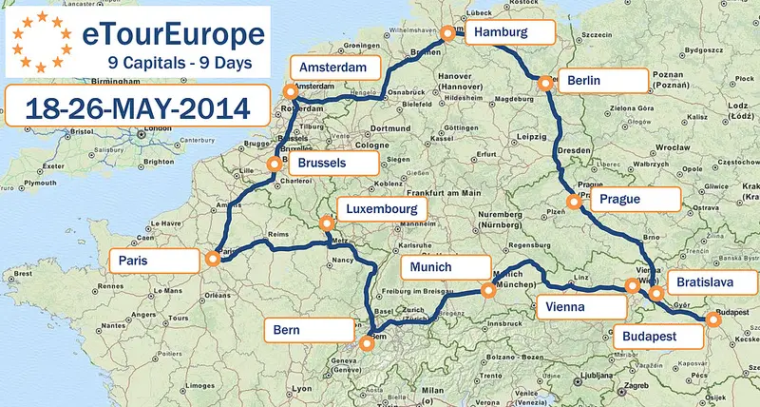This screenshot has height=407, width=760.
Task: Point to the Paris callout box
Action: tap(152, 261)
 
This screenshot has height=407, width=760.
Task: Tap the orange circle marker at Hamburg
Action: tap(448, 33)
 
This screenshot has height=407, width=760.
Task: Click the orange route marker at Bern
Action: tap(367, 345)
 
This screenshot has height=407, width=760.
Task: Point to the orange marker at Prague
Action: tap(573, 202)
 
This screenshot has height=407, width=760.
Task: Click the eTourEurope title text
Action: tap(174, 35)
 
